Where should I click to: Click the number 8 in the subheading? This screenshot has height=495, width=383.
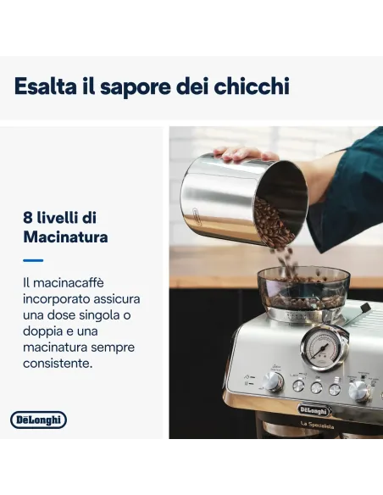point(28,217)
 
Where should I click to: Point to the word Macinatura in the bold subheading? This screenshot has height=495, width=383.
point(65,237)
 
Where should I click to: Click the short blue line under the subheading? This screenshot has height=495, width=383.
point(32,260)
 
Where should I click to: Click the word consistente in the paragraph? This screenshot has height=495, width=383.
point(58,363)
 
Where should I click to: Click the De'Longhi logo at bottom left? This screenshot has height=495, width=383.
point(38,420)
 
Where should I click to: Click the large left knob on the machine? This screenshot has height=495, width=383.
point(272,381)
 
